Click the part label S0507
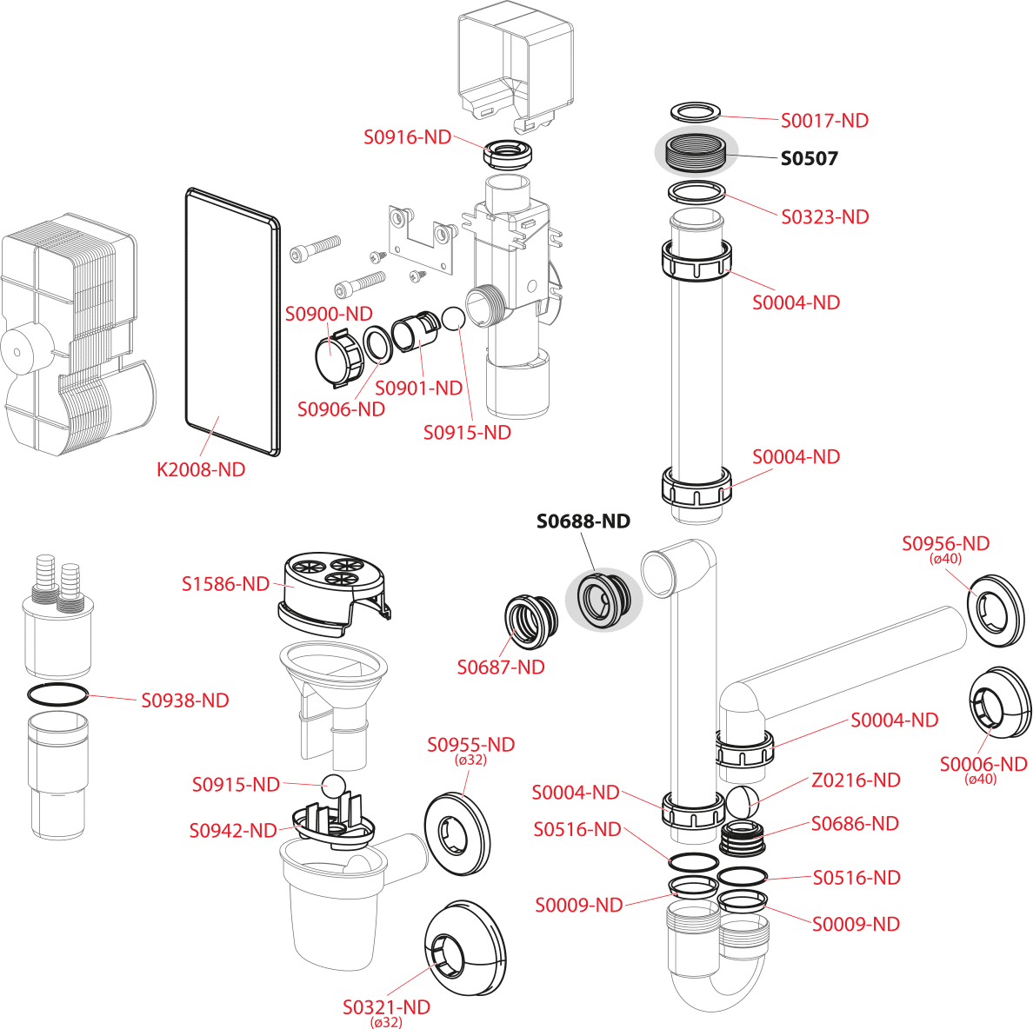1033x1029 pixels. (809, 158)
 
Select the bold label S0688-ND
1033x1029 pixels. (583, 521)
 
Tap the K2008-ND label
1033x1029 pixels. (201, 469)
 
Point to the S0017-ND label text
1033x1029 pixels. (825, 121)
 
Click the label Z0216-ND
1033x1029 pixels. (856, 780)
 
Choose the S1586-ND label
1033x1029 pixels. (225, 584)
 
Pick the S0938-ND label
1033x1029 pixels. (185, 700)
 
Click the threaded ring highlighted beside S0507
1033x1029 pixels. (696, 153)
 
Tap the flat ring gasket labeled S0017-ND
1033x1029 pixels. (695, 112)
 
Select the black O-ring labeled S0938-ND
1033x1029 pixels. (58, 694)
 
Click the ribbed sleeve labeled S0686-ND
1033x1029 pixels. (743, 838)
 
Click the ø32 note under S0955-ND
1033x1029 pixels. (470, 760)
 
